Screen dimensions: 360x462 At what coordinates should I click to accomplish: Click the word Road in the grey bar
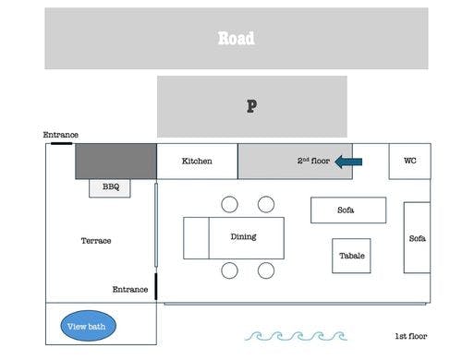(x=236, y=39)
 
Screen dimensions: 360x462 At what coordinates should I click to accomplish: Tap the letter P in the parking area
(x=250, y=106)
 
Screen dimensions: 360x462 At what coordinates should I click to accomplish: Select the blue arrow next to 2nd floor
(x=348, y=162)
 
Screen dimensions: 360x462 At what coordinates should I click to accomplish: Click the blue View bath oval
(x=89, y=326)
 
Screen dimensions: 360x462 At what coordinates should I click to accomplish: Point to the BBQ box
(x=110, y=187)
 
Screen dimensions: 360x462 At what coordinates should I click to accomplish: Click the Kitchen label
(x=197, y=162)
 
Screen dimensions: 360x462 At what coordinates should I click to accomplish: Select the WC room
(x=409, y=161)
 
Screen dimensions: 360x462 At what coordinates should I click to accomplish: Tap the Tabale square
(x=351, y=256)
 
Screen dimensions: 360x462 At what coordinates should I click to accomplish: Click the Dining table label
(x=243, y=237)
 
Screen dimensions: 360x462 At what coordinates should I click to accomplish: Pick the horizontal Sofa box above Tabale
(x=346, y=210)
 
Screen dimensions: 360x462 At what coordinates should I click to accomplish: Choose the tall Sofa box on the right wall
(x=417, y=238)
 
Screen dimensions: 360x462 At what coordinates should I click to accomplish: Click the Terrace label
(x=96, y=241)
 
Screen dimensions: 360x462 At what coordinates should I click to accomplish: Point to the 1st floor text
(x=411, y=337)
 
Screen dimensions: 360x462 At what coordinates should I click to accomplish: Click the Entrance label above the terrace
(x=60, y=135)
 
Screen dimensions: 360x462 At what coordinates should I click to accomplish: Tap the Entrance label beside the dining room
(x=130, y=289)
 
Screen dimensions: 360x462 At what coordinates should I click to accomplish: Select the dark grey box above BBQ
(x=115, y=161)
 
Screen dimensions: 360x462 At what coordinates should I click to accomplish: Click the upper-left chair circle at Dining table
(x=230, y=204)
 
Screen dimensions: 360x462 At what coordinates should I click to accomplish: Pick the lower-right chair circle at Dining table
(x=266, y=270)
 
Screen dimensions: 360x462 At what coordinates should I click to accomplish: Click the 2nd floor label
(x=313, y=162)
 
